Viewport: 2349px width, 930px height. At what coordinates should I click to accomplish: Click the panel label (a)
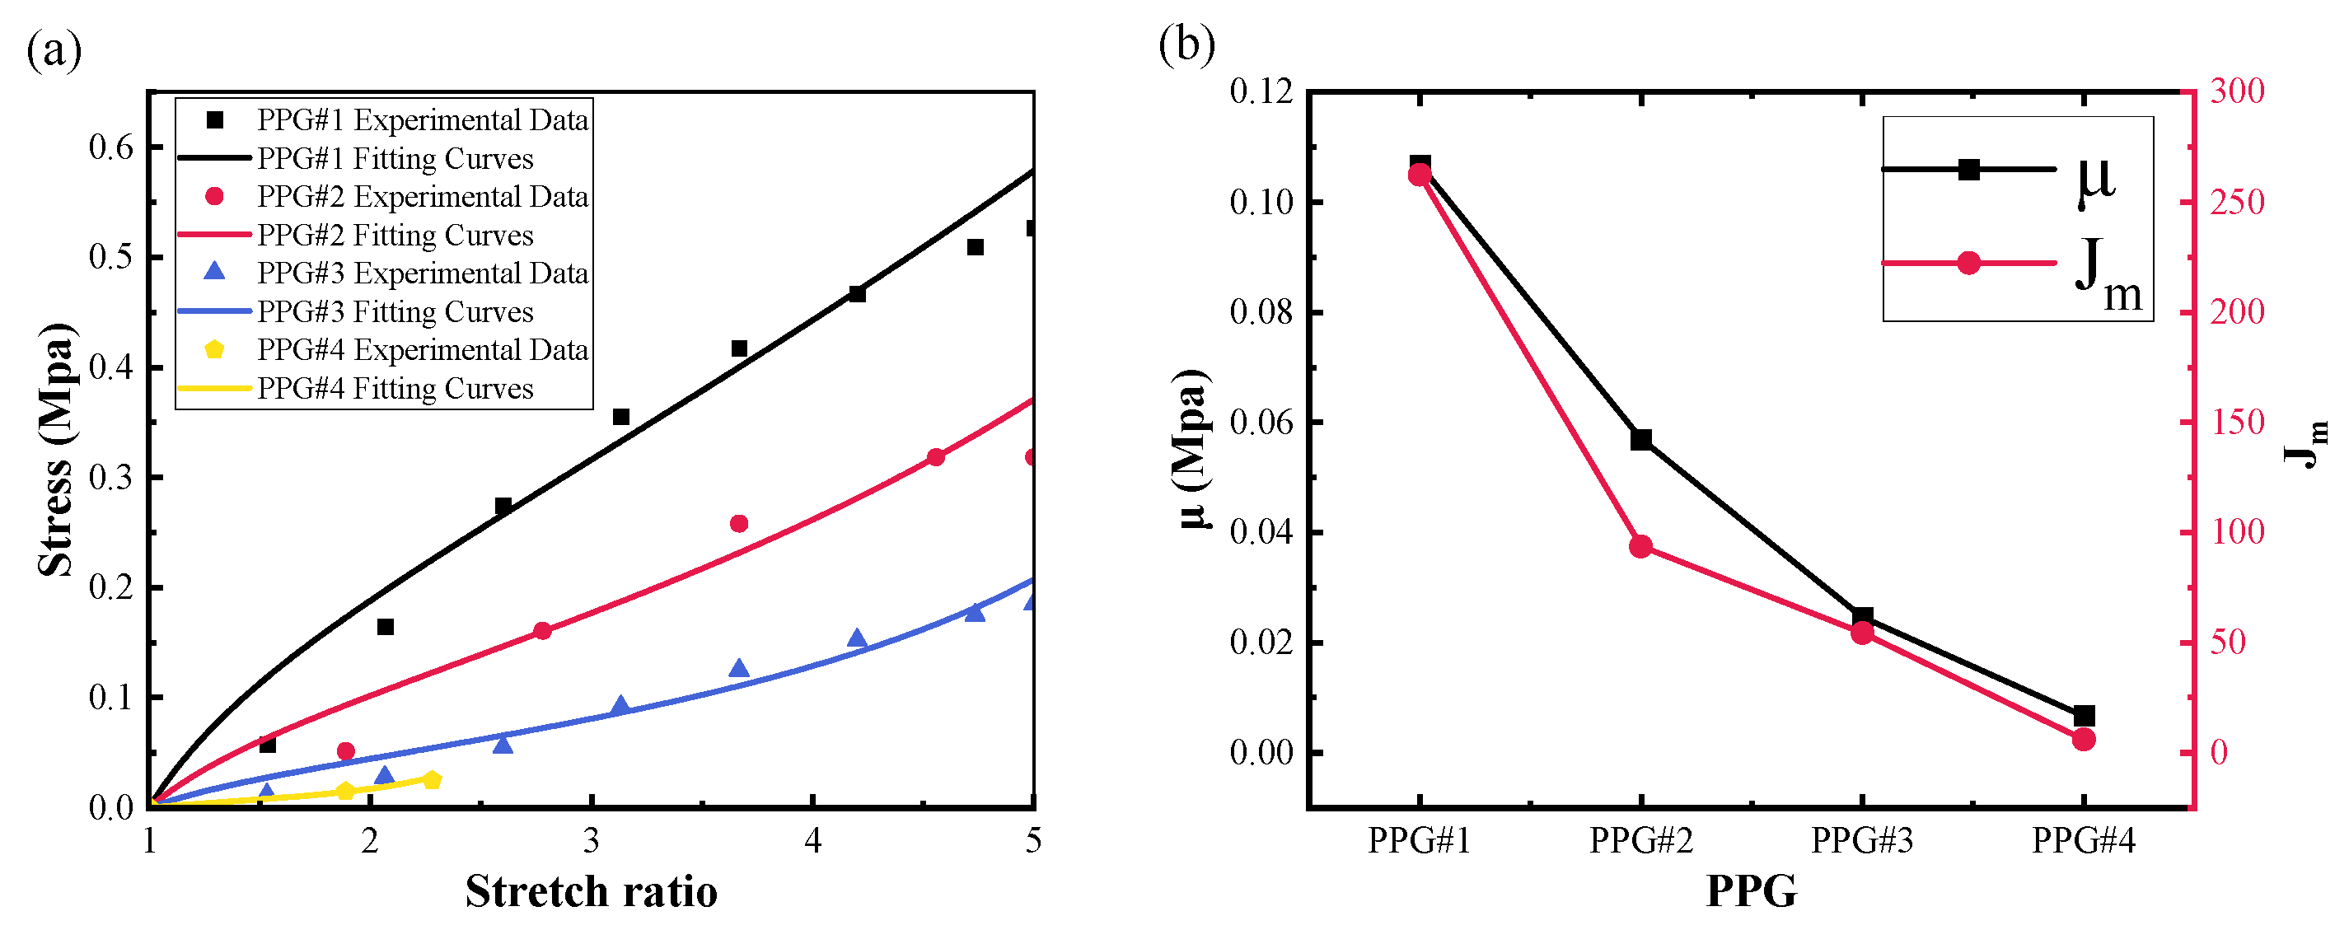pos(54,50)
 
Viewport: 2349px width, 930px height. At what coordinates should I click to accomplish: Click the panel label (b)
pos(1186,44)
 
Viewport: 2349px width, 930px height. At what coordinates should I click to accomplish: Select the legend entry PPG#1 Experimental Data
pos(422,119)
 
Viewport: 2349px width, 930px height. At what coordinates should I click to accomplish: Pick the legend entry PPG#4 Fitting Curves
pos(395,389)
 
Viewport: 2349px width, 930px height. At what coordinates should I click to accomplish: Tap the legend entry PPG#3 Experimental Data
pos(422,273)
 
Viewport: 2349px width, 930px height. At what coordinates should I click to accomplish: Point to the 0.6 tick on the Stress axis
pos(111,147)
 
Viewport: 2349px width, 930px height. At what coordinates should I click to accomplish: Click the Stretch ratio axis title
pos(591,890)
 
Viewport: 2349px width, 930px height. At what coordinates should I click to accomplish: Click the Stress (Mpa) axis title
pos(57,450)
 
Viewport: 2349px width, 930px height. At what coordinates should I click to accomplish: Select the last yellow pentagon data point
pos(433,779)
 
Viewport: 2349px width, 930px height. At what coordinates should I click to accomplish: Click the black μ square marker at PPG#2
pos(1641,440)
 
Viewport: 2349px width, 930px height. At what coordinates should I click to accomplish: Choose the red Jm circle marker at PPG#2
pos(1640,547)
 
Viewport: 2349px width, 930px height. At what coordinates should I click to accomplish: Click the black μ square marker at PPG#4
pos(2084,716)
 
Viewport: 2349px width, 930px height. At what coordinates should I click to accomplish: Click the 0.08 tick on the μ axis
pos(1261,312)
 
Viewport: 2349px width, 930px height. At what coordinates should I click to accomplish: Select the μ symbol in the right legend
pos(2095,180)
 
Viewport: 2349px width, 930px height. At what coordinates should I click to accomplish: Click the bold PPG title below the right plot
pos(1751,890)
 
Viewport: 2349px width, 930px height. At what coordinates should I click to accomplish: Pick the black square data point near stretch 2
pos(385,626)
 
